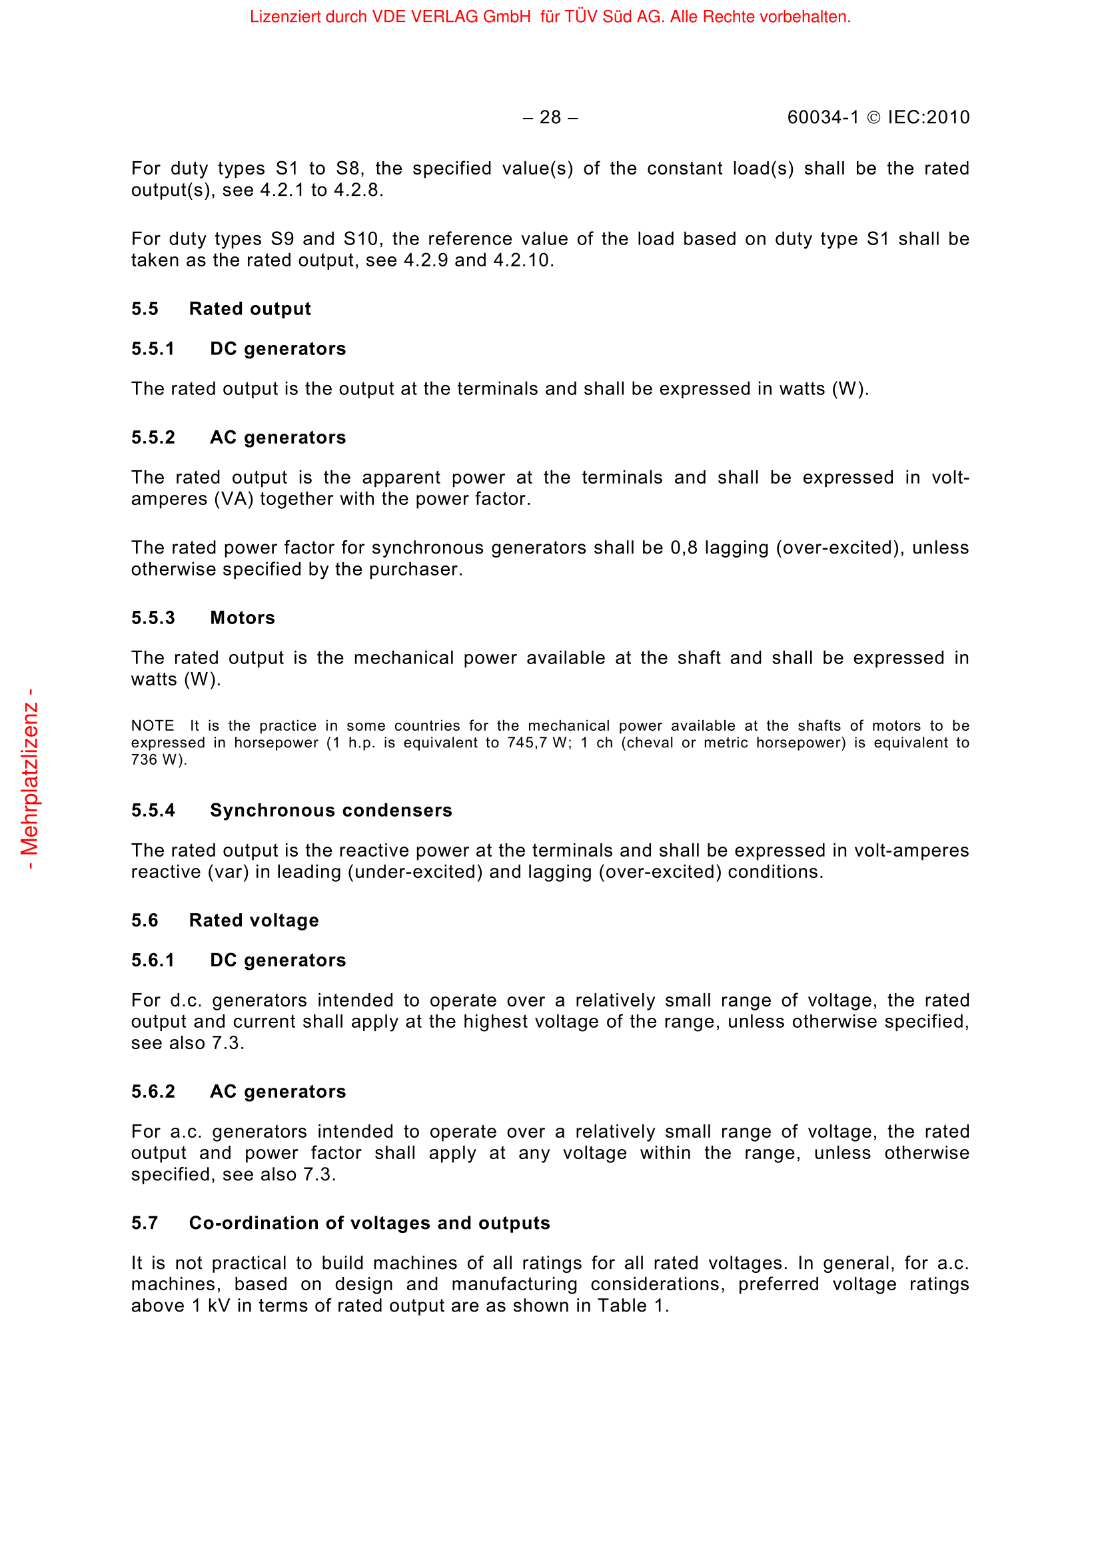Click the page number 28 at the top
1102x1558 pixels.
550,117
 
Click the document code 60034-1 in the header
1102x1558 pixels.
822,117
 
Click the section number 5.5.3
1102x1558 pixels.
153,617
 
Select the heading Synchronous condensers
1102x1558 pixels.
330,810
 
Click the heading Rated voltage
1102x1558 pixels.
254,920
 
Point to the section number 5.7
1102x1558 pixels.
145,1223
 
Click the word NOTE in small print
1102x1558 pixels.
153,726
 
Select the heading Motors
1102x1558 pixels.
243,617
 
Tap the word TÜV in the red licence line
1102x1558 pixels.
582,16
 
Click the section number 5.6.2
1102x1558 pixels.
153,1091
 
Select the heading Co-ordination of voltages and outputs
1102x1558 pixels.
369,1223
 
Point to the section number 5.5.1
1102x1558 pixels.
153,349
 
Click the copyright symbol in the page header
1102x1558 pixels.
874,118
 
